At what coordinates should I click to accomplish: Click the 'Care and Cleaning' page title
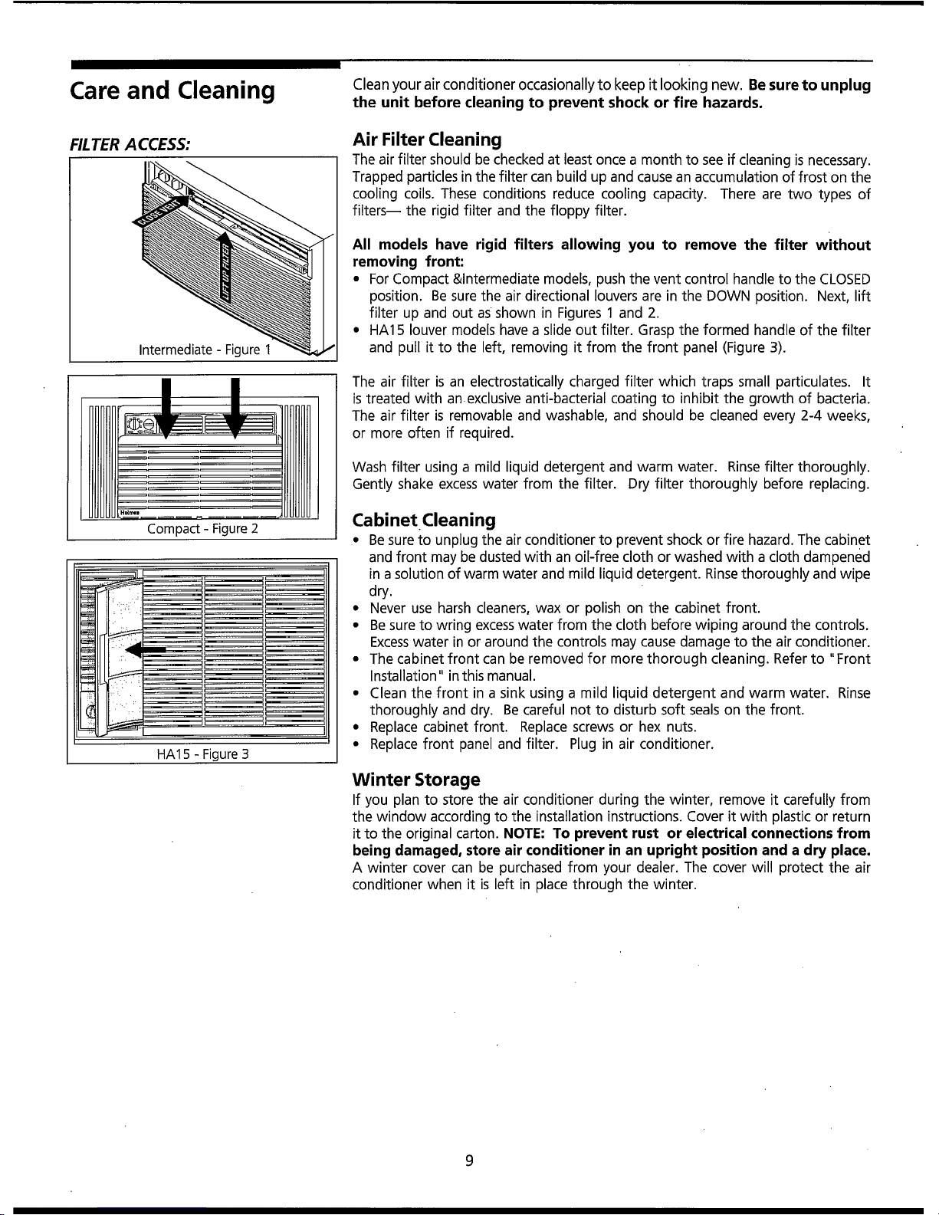[172, 90]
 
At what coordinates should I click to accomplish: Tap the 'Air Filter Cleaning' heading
[427, 140]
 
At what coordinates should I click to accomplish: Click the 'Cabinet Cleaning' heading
[423, 520]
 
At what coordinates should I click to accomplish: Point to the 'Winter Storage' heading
[415, 780]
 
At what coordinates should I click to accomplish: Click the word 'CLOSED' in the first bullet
[845, 278]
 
